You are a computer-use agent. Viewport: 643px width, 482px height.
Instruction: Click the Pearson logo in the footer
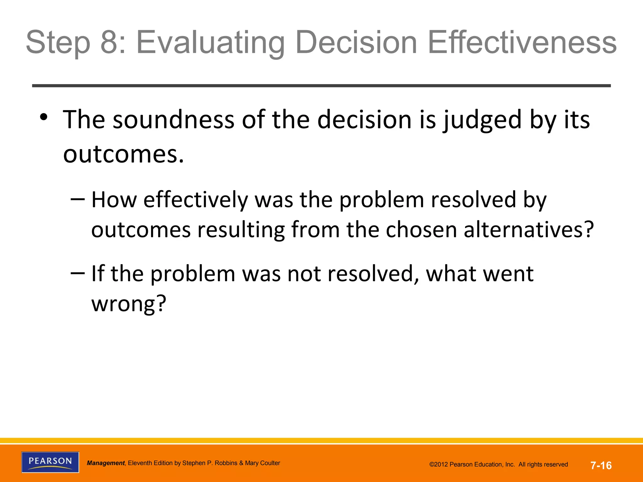(x=50, y=462)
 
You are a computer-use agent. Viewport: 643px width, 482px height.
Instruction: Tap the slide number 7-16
(x=601, y=465)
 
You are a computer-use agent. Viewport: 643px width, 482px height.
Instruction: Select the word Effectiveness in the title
(x=522, y=42)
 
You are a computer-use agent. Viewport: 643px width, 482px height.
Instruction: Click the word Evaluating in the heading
(x=211, y=43)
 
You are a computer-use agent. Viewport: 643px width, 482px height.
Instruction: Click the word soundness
(x=173, y=120)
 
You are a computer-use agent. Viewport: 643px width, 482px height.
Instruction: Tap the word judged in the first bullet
(x=482, y=120)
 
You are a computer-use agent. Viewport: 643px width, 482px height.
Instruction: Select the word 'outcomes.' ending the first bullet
(x=123, y=155)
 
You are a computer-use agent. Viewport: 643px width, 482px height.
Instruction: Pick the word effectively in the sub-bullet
(x=196, y=200)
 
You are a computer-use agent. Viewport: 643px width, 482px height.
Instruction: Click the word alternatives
(x=529, y=230)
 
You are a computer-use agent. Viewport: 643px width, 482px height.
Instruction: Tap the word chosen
(x=421, y=230)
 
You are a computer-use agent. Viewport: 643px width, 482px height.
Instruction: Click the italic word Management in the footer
(x=105, y=463)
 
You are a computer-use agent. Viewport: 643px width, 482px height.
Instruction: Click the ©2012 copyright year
(x=439, y=465)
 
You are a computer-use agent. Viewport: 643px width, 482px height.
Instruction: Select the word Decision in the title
(x=356, y=42)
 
